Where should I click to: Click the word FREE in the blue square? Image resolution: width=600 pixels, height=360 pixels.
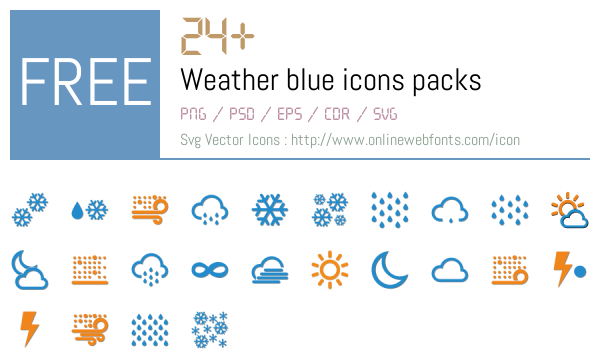[85, 83]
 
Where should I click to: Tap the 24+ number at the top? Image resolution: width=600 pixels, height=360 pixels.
[217, 38]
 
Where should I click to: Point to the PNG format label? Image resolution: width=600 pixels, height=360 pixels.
[194, 114]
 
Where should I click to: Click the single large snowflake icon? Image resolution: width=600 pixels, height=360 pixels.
[269, 209]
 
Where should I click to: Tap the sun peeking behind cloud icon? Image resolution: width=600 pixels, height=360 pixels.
[569, 209]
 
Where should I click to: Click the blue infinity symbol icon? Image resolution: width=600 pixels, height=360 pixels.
[210, 269]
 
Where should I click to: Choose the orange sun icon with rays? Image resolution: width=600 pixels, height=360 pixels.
[329, 268]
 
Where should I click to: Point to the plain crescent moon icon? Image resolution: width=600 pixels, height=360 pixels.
[389, 268]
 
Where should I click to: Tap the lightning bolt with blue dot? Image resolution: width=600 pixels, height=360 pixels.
[569, 268]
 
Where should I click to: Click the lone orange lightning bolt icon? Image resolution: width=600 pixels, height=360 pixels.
[30, 328]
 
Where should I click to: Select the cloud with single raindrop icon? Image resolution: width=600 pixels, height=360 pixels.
[449, 210]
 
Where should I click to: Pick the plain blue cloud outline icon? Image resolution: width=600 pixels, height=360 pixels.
[449, 269]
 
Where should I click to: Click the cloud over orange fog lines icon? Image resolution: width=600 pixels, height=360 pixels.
[269, 269]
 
